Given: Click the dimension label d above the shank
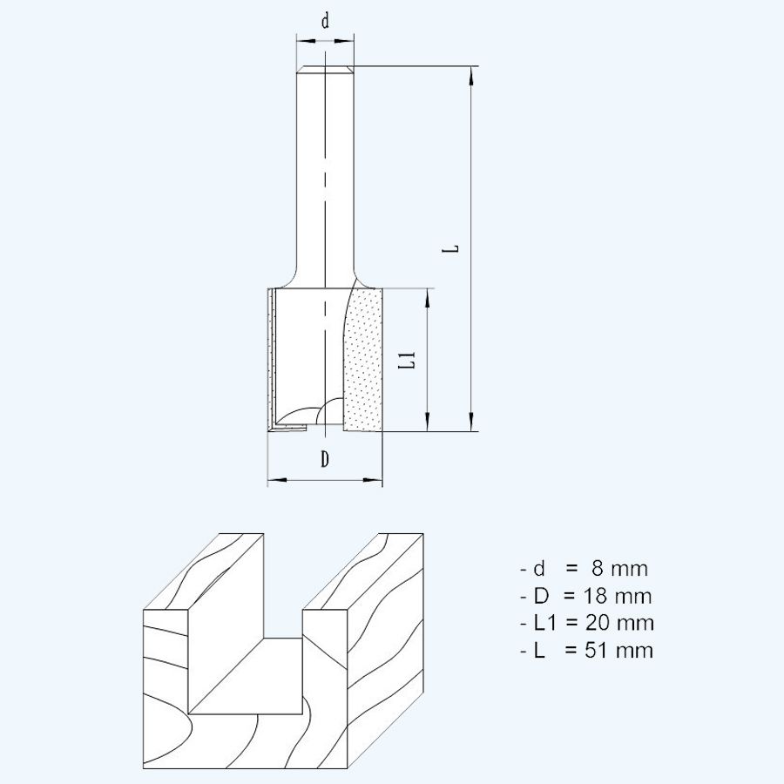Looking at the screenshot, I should (325, 22).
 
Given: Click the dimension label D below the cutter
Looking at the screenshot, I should (324, 459).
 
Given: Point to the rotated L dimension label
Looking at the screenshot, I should (450, 248).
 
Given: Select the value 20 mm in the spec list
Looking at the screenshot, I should (622, 624).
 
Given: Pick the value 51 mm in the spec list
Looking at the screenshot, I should (621, 651).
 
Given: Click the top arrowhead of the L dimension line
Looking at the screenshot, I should (471, 75).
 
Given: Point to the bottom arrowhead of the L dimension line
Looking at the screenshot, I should (471, 422).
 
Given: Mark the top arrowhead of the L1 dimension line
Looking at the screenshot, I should (429, 296).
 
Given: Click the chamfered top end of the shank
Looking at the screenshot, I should (325, 71).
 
